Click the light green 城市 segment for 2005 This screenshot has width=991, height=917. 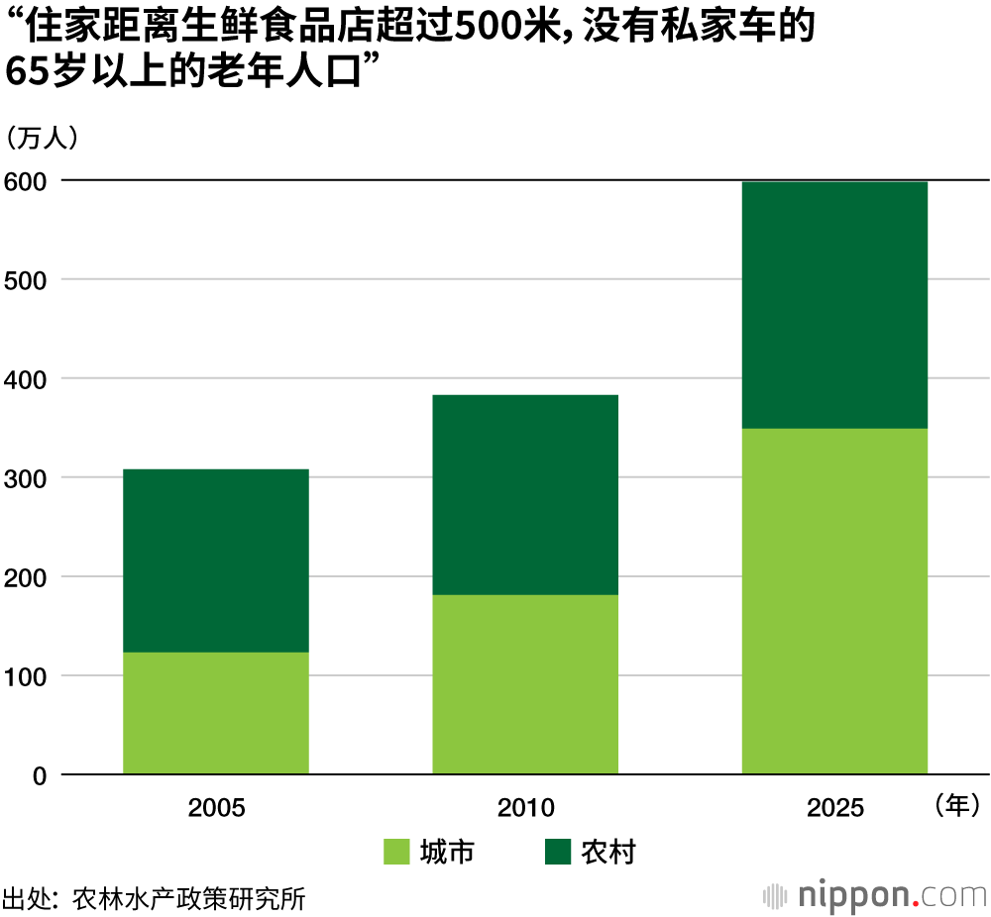pos(215,713)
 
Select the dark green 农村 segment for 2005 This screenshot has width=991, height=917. pos(215,560)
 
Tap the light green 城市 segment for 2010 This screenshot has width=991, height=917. pos(525,684)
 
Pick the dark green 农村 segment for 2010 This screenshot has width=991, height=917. pos(525,495)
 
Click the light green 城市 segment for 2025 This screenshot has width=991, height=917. pos(834,601)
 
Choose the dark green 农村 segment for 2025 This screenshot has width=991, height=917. pos(834,305)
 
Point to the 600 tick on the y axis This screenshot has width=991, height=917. pos(26,181)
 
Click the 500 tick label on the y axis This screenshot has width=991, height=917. pos(26,280)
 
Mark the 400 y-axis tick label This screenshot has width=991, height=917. pos(26,379)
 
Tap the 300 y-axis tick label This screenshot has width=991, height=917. pos(26,478)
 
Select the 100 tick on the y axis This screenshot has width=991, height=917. pos(26,676)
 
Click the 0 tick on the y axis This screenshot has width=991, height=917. pos(40,775)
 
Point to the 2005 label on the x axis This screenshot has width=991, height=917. pos(216,808)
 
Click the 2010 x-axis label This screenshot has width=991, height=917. pos(526,808)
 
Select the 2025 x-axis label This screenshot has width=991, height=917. pos(835,808)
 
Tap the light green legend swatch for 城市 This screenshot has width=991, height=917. pos(396,852)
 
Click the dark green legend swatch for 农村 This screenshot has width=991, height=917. pos(558,852)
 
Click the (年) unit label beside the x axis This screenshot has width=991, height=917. pos(956,805)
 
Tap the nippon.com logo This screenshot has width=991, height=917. pos(876,895)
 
